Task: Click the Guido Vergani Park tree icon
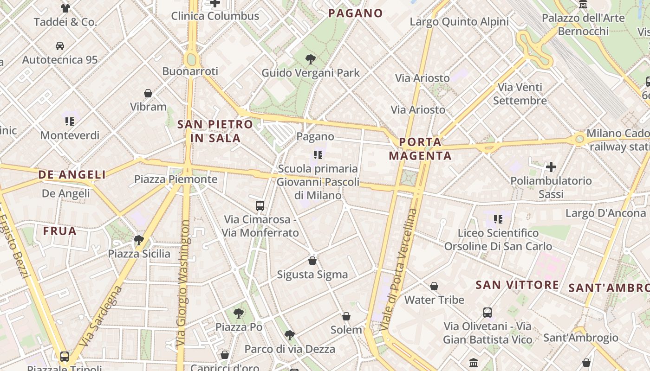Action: (x=311, y=59)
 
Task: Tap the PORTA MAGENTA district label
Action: (x=421, y=148)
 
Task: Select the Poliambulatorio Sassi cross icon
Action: (x=551, y=167)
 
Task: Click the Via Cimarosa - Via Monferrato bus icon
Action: (x=260, y=205)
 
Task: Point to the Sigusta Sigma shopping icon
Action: (x=312, y=261)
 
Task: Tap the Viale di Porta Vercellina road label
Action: (x=400, y=269)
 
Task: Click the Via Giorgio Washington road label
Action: (x=183, y=283)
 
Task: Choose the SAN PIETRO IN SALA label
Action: (x=215, y=131)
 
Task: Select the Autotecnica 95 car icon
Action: (x=60, y=46)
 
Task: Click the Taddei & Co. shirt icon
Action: (x=65, y=8)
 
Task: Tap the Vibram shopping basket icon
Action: (x=148, y=93)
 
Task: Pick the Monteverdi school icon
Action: (x=70, y=122)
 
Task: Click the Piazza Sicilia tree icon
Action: (x=139, y=240)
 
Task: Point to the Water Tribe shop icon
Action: (x=434, y=286)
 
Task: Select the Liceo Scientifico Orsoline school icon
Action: (x=498, y=219)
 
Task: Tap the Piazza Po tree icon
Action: (x=239, y=313)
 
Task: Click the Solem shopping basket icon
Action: (x=346, y=316)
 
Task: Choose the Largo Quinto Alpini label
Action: (x=459, y=22)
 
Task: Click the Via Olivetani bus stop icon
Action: (x=487, y=313)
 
